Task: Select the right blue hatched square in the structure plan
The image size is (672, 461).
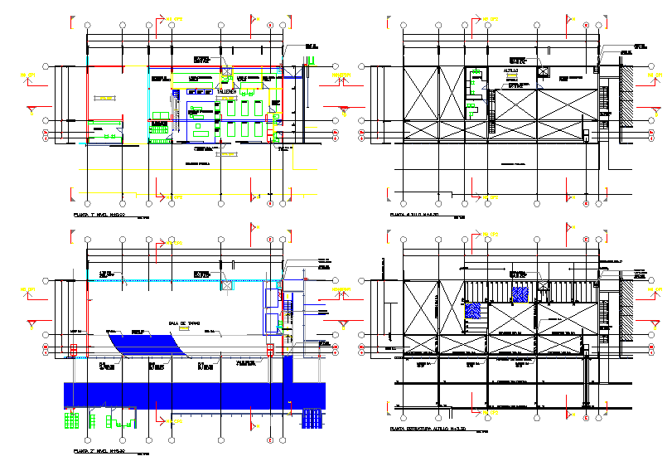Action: pyautogui.click(x=520, y=293)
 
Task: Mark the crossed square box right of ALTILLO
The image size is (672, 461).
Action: pyautogui.click(x=544, y=73)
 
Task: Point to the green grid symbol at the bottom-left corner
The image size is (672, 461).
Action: pyautogui.click(x=72, y=420)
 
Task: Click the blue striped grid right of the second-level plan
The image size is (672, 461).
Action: pyautogui.click(x=312, y=419)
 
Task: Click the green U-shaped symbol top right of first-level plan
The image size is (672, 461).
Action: pyautogui.click(x=312, y=58)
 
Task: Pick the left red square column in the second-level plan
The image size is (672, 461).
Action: pyautogui.click(x=73, y=352)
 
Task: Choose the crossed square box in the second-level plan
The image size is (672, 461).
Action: pyautogui.click(x=227, y=284)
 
